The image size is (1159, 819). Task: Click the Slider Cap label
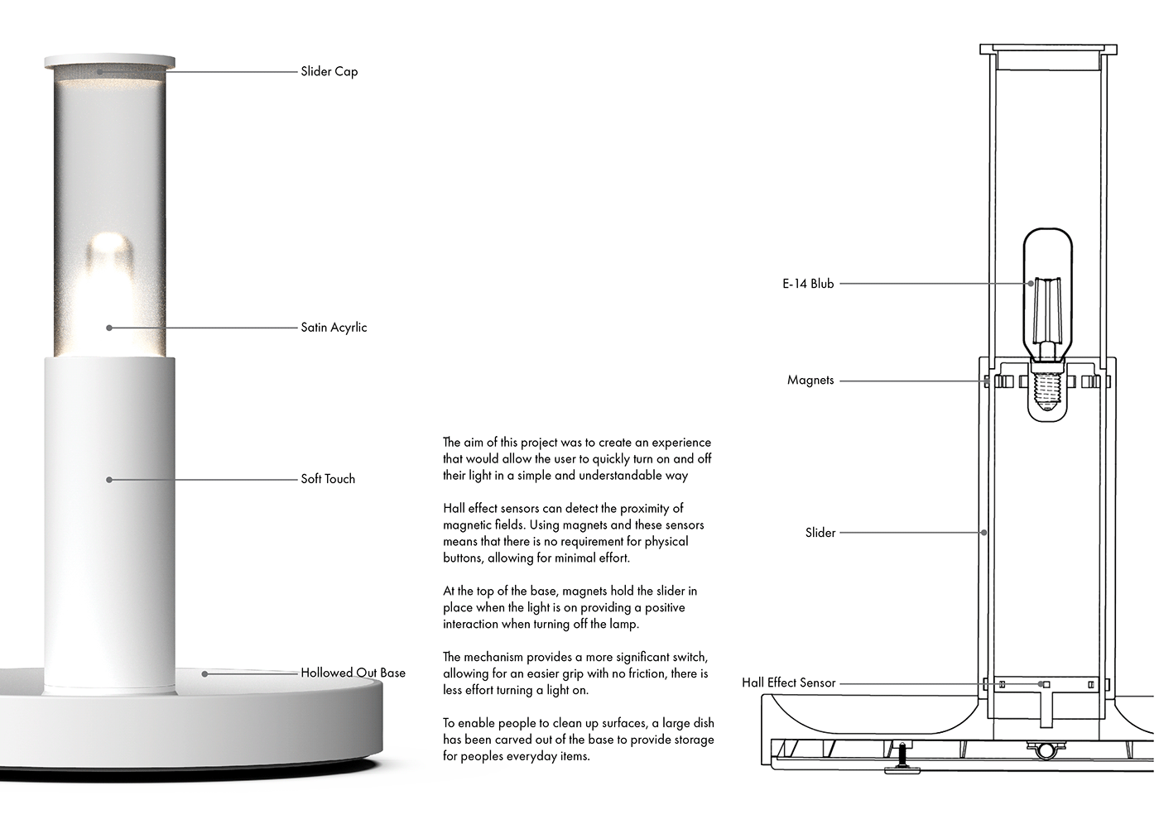pyautogui.click(x=329, y=71)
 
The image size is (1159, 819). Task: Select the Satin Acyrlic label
pyautogui.click(x=334, y=328)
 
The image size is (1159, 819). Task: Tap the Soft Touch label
pyautogui.click(x=328, y=479)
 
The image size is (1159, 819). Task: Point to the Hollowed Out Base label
pyautogui.click(x=353, y=673)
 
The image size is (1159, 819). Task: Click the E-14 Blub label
pyautogui.click(x=808, y=284)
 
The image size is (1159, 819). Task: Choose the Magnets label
pyautogui.click(x=810, y=381)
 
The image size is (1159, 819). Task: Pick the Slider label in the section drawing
pyautogui.click(x=820, y=533)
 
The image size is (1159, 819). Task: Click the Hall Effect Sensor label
pyautogui.click(x=788, y=683)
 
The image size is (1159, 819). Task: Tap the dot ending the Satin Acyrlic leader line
pyautogui.click(x=109, y=328)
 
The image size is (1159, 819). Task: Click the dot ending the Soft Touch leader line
pyautogui.click(x=109, y=479)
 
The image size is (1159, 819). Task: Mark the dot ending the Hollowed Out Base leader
pyautogui.click(x=205, y=673)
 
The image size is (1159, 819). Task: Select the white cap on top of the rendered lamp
pyautogui.click(x=109, y=60)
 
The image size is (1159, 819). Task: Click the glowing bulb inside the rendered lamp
pyautogui.click(x=109, y=273)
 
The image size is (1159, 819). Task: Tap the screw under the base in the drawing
pyautogui.click(x=901, y=757)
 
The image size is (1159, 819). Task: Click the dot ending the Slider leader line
pyautogui.click(x=983, y=533)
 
